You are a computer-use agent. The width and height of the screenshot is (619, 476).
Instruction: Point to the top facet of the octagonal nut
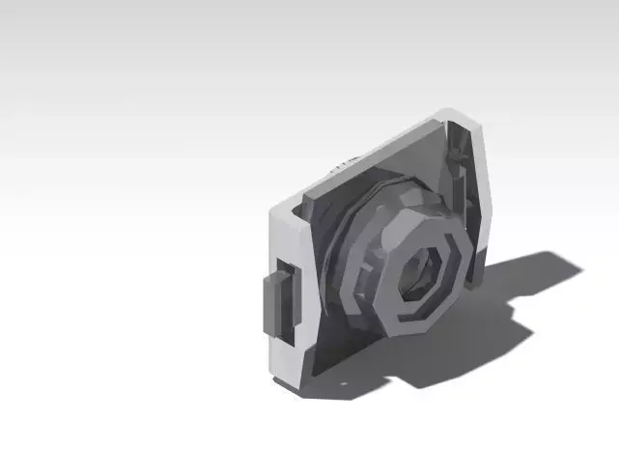pos(425,214)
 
